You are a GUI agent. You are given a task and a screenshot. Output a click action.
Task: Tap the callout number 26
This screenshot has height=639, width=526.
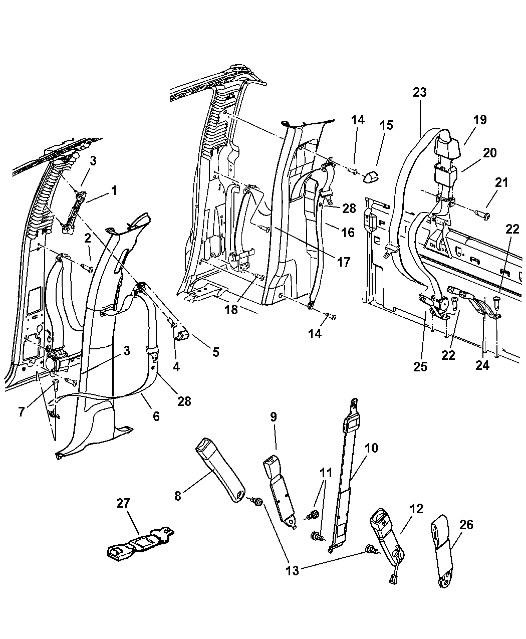coord(465,525)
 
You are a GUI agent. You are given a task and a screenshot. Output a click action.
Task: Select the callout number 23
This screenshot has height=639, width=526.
coord(419,92)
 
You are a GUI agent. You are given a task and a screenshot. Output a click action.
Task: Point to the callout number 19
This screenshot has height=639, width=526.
coord(479,120)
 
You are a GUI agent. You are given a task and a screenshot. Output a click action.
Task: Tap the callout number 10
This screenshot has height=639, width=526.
coord(372,448)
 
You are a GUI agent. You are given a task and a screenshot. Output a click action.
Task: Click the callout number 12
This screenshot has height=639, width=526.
coord(416,509)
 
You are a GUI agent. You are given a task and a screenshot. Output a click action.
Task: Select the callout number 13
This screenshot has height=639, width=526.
coord(293,570)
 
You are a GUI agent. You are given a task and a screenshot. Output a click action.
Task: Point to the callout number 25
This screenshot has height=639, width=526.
coord(420,366)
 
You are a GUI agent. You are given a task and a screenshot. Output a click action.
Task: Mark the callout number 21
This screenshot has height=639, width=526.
coord(501,183)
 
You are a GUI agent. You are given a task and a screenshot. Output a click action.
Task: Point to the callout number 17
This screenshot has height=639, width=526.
coord(344,261)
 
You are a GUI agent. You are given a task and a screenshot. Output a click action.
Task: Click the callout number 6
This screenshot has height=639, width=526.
coord(156,415)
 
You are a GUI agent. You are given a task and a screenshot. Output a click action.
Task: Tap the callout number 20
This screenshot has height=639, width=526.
coord(489,152)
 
